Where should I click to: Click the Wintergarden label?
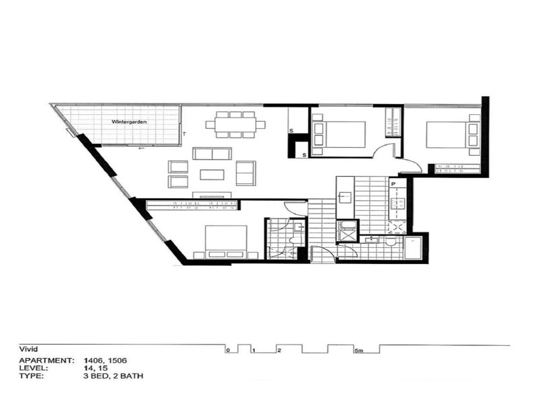pos(130,122)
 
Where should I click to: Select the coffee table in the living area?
pos(212,175)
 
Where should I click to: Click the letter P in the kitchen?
pos(393,183)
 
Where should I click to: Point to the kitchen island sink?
pos(344,197)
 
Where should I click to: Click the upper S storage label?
pos(291,130)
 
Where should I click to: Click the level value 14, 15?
pos(95,368)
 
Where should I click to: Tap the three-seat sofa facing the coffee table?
pos(212,154)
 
